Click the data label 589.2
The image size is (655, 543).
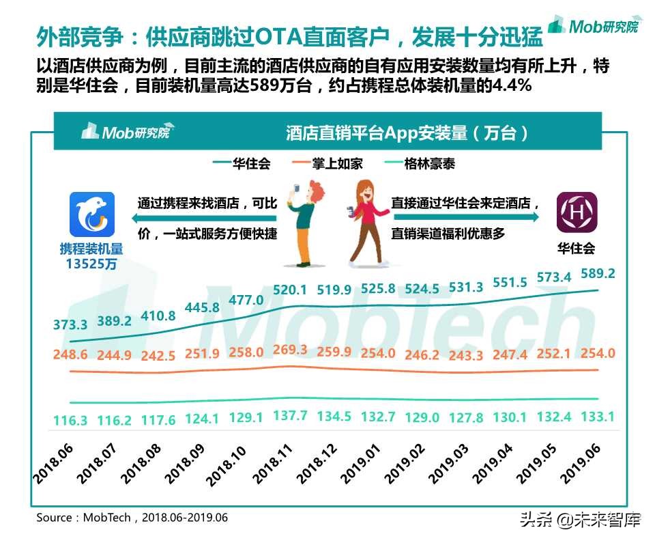click(x=597, y=274)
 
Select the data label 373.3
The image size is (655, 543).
click(x=70, y=324)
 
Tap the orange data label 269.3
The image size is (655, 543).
click(x=290, y=350)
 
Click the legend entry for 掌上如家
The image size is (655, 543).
click(x=327, y=164)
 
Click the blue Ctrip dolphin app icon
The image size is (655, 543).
click(x=92, y=213)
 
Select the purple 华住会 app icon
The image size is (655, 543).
click(x=577, y=212)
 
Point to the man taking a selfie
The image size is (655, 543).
click(x=307, y=222)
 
